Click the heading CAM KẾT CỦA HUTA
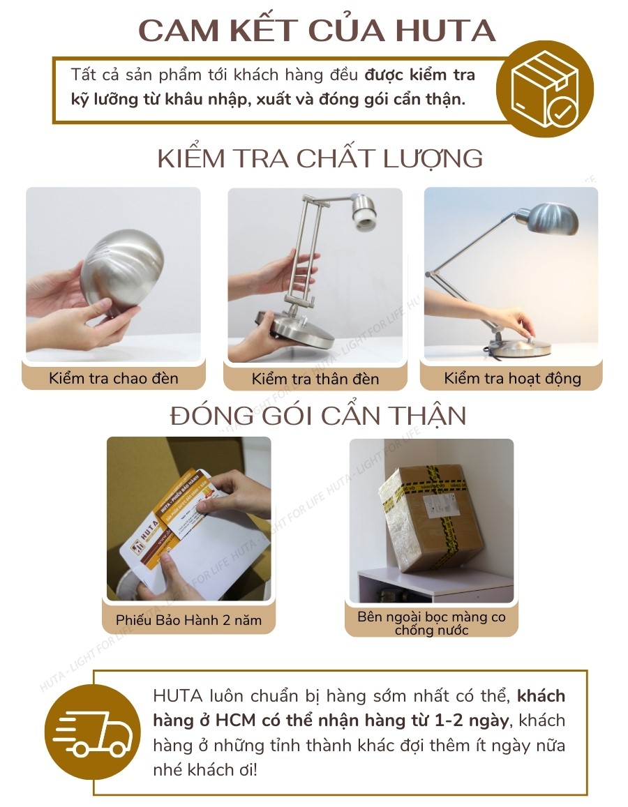tap(316, 30)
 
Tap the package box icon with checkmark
tap(545, 89)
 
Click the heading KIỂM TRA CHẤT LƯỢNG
tap(320, 158)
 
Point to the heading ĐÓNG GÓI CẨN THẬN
tap(318, 416)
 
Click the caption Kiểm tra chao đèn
tap(114, 379)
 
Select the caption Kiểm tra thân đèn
tap(315, 379)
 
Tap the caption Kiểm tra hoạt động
tap(512, 379)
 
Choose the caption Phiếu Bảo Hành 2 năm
tap(189, 619)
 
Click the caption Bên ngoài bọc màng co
tap(431, 617)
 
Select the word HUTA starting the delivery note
tap(177, 696)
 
